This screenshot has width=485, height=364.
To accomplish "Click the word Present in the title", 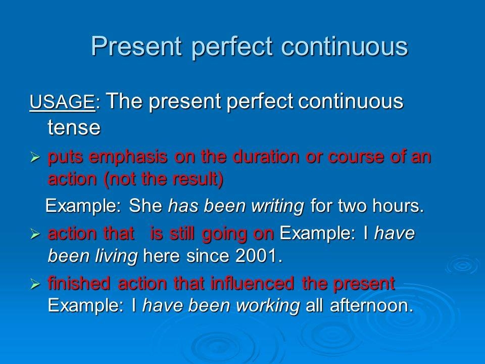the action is pos(136,46).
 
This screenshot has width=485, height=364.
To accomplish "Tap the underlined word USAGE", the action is pos(62,102).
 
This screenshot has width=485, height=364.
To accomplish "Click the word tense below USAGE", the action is pos(74,127).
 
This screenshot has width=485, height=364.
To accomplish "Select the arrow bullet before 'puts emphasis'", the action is pos(35,158).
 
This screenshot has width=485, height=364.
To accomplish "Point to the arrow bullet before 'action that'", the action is pos(35,234).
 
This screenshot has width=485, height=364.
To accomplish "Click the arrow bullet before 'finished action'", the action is pos(35,284).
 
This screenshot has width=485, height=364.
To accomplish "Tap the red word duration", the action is pos(266,156).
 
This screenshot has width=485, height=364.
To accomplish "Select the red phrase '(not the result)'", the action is pos(164,179).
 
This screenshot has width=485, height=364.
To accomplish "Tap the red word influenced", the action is pos(253,283).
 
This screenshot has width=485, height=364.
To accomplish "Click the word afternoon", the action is pos(371,305).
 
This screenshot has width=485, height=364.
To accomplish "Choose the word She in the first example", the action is pos(145,205).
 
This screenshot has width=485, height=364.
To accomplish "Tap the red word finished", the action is pos(79,283).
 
